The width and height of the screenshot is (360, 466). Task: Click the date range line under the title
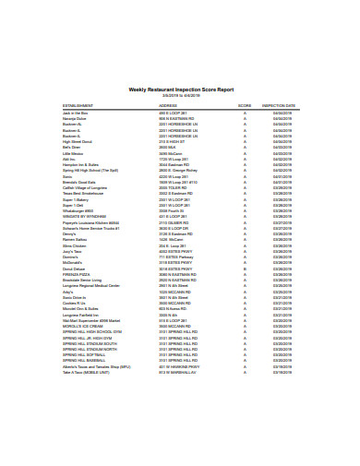(180, 95)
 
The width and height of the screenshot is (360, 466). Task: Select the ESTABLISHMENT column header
(79, 106)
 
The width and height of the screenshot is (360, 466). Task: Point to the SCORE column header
(245, 106)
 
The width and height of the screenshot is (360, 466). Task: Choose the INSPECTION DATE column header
(279, 106)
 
